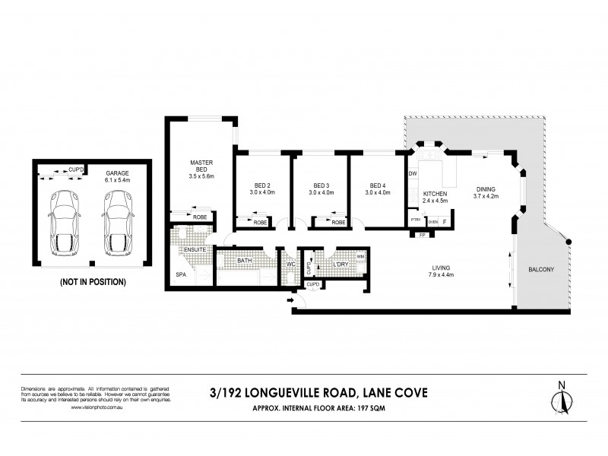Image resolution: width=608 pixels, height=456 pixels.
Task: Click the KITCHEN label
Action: click(435, 195)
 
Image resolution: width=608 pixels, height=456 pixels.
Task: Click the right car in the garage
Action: click(117, 221)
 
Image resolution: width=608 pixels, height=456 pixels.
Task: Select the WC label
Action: click(290, 265)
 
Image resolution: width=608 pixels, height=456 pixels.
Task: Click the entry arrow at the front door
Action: click(292, 302)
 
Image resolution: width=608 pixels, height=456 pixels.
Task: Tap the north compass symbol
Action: click(561, 397)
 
